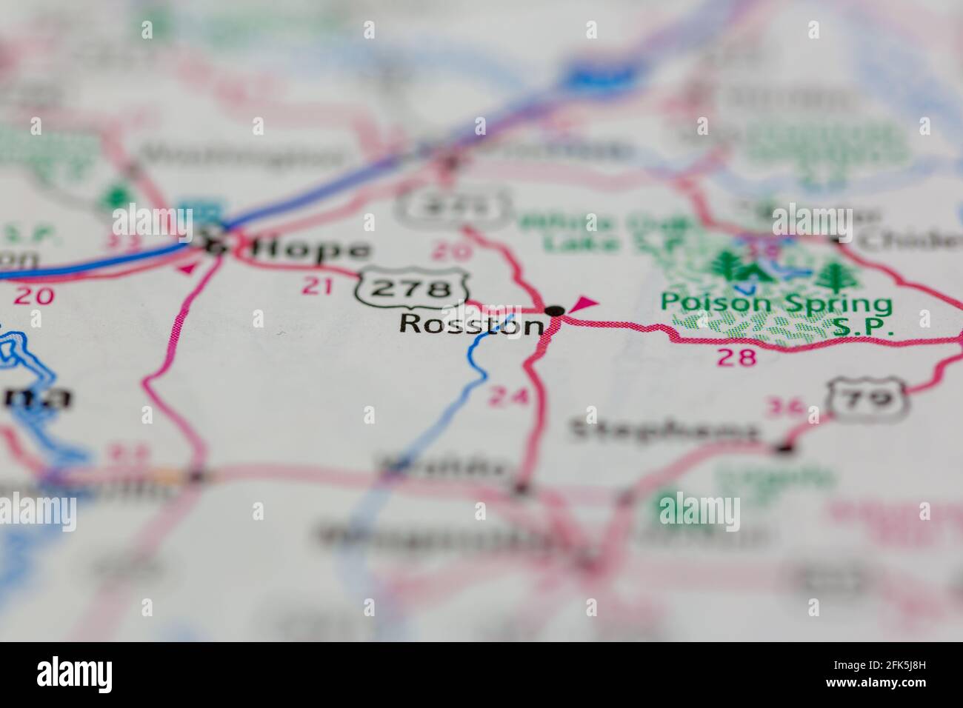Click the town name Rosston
(471, 325)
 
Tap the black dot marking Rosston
(555, 310)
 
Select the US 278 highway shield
(412, 287)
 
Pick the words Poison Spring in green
(776, 304)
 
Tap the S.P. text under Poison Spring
(862, 327)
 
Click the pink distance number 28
(737, 358)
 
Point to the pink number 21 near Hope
(318, 286)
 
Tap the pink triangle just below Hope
(187, 267)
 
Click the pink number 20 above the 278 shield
(449, 251)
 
